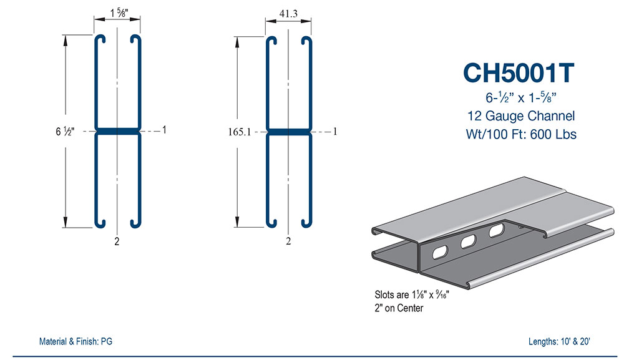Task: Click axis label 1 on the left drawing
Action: tap(164, 130)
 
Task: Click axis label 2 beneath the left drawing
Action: tap(117, 242)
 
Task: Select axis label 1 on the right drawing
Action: tap(335, 131)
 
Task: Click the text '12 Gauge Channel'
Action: tap(520, 115)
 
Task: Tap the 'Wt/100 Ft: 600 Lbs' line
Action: tap(520, 134)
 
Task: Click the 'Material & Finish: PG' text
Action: tap(76, 341)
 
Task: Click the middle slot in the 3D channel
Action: tap(469, 241)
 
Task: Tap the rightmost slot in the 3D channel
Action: tap(497, 231)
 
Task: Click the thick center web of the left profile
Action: tap(117, 132)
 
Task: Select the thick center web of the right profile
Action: tap(288, 132)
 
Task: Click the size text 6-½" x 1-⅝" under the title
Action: tap(520, 97)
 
